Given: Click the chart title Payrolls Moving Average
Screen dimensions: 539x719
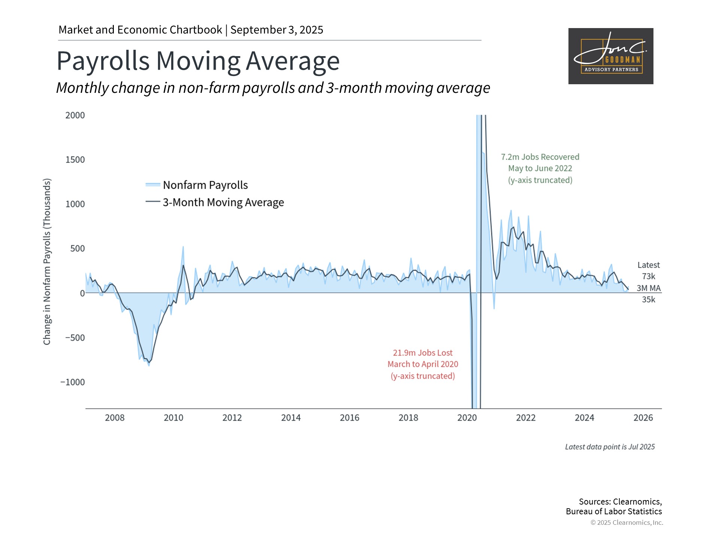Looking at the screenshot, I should click(198, 61).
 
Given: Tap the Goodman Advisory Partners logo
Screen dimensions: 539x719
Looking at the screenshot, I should click(610, 56).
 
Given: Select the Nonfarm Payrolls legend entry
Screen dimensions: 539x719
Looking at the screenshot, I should click(205, 185).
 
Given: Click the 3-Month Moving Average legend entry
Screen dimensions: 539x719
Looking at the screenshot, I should click(223, 202).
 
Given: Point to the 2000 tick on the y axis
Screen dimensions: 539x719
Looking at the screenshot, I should click(75, 115).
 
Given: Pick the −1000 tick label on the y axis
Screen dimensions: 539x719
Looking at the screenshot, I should click(73, 382).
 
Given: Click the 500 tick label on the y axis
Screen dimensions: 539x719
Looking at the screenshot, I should click(78, 249).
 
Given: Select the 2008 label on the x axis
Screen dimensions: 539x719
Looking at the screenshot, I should click(115, 418).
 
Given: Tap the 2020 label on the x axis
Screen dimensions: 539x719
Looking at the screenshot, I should click(467, 418).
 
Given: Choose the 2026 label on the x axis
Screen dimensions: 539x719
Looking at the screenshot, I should click(643, 418).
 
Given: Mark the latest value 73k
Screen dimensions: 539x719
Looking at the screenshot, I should click(649, 276).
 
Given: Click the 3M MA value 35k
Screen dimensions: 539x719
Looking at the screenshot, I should click(649, 299).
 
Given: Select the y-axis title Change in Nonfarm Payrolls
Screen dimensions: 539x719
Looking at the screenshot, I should click(47, 261).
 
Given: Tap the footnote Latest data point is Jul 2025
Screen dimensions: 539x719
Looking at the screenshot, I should click(610, 447).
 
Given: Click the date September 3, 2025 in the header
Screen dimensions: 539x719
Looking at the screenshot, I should click(277, 30).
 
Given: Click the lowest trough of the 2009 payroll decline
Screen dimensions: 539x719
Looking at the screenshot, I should click(149, 365).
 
